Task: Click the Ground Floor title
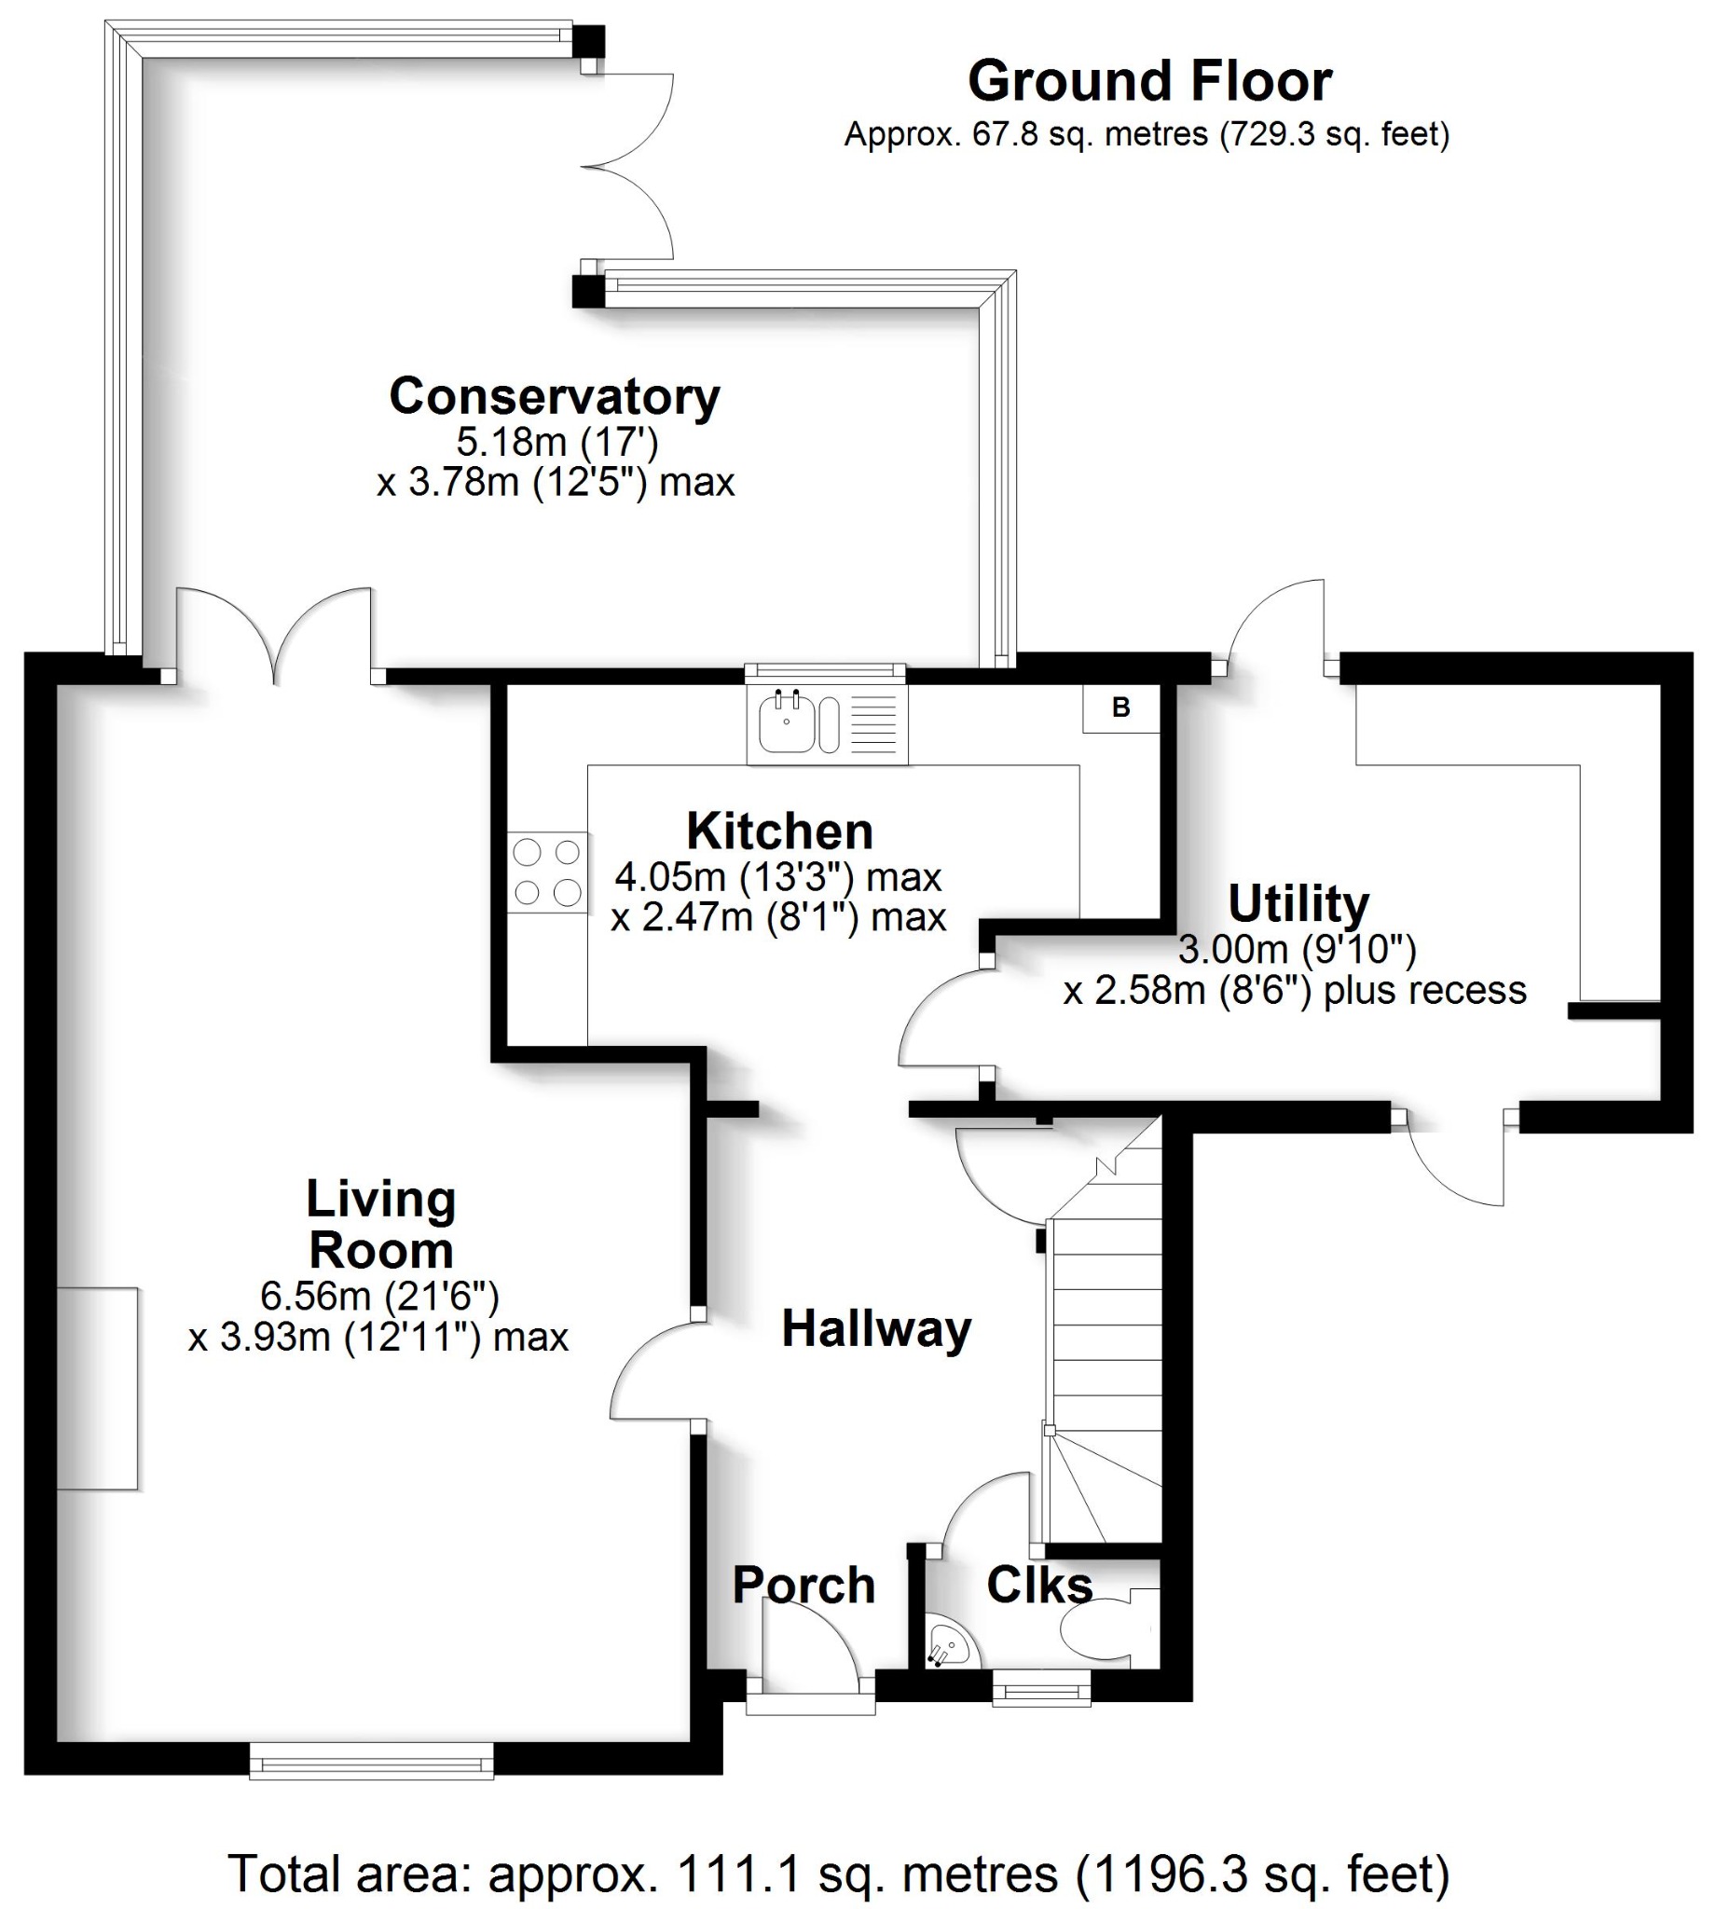[1149, 82]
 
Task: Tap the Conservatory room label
[555, 397]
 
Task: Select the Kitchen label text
[779, 831]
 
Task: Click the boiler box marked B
[1120, 707]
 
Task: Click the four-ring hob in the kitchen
[547, 872]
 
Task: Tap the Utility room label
[1298, 903]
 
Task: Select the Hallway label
[875, 1329]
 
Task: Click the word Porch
[804, 1585]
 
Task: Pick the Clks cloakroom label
[1038, 1585]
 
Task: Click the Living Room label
[381, 1224]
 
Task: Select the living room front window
[371, 1761]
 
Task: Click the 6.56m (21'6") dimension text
[379, 1296]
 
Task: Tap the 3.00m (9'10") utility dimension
[1298, 948]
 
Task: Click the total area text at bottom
[838, 1874]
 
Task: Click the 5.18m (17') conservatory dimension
[556, 442]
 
